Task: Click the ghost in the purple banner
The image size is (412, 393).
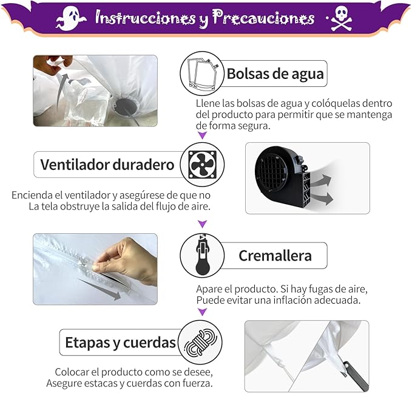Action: coord(70,18)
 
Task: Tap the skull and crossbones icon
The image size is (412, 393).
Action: coord(342,18)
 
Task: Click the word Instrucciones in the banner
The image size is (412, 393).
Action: coord(145,18)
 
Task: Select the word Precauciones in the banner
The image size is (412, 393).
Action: coord(263,18)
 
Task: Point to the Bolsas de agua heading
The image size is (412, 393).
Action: coord(275,73)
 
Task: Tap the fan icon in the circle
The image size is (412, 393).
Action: coord(202,165)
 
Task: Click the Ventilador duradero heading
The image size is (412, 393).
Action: coord(107,165)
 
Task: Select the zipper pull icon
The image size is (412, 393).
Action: coord(202,255)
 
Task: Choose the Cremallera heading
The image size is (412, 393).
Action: coord(275,256)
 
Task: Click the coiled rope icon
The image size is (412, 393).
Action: coord(200,342)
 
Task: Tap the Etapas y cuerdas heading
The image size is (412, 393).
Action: coord(120,343)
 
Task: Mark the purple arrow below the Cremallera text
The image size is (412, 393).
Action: coord(202,312)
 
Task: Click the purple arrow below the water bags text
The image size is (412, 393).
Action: coord(202,135)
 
